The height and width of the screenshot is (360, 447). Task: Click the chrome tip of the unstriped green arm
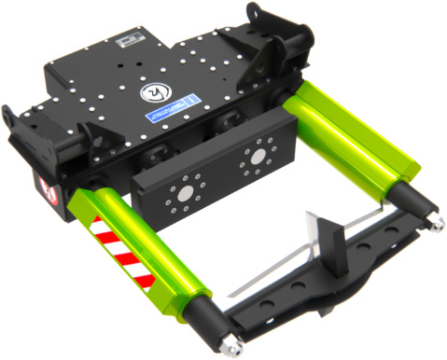tap(434, 225)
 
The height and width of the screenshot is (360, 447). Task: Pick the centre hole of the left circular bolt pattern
tap(185, 192)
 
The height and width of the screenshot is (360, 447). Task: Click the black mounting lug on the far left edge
tap(11, 121)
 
